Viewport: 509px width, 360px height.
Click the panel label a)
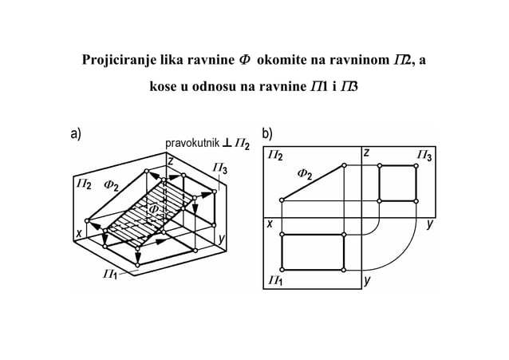click(x=76, y=134)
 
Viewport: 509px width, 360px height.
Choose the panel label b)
click(x=267, y=134)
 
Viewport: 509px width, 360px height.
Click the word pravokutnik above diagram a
click(x=191, y=144)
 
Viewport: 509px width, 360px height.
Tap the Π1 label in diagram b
click(x=275, y=279)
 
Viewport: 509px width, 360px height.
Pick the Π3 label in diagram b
click(x=424, y=156)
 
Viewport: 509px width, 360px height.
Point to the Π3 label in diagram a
click(x=220, y=168)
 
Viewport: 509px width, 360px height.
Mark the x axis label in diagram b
click(x=270, y=224)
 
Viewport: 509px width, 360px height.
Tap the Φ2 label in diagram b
click(x=306, y=173)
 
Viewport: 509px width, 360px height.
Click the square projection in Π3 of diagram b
click(x=397, y=183)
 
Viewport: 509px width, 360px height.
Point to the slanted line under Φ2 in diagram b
click(x=312, y=184)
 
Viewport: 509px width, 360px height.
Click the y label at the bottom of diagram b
click(x=367, y=280)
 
